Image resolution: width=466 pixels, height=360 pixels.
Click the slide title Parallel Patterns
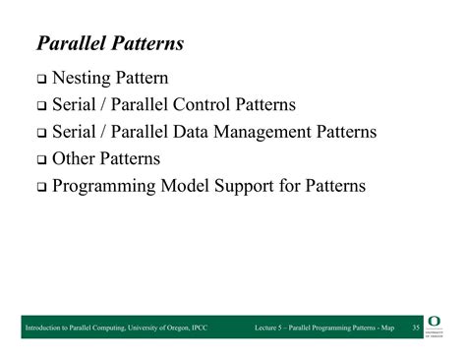pos(109,44)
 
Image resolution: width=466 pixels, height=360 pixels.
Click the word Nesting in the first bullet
pos(85,78)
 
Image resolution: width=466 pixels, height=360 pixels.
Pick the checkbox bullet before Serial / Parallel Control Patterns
pos(41,106)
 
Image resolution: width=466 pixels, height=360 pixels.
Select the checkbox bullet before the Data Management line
pos(41,133)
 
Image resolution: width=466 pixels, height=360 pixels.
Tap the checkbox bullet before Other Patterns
pos(41,159)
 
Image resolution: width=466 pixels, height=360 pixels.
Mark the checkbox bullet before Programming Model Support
pos(41,186)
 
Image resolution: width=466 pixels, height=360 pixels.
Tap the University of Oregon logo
pos(436,327)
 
